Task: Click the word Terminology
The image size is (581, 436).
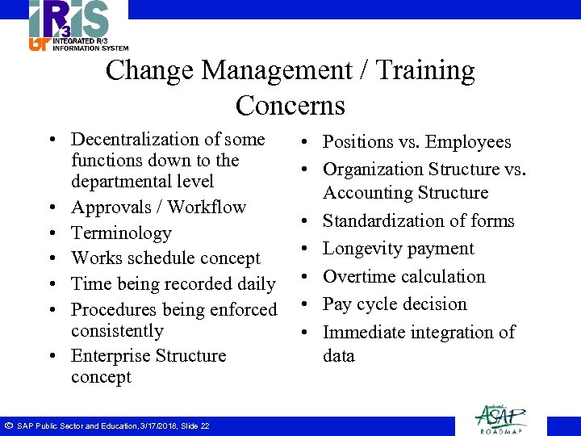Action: coord(121,233)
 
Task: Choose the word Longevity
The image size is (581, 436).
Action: coord(364,249)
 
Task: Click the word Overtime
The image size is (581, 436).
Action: coord(362,276)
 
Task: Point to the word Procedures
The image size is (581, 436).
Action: coord(117,309)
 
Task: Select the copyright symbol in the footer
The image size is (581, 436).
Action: coord(7,425)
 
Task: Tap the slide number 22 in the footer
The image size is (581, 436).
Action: coord(204,426)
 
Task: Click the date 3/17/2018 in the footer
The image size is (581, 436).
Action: coord(157,426)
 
